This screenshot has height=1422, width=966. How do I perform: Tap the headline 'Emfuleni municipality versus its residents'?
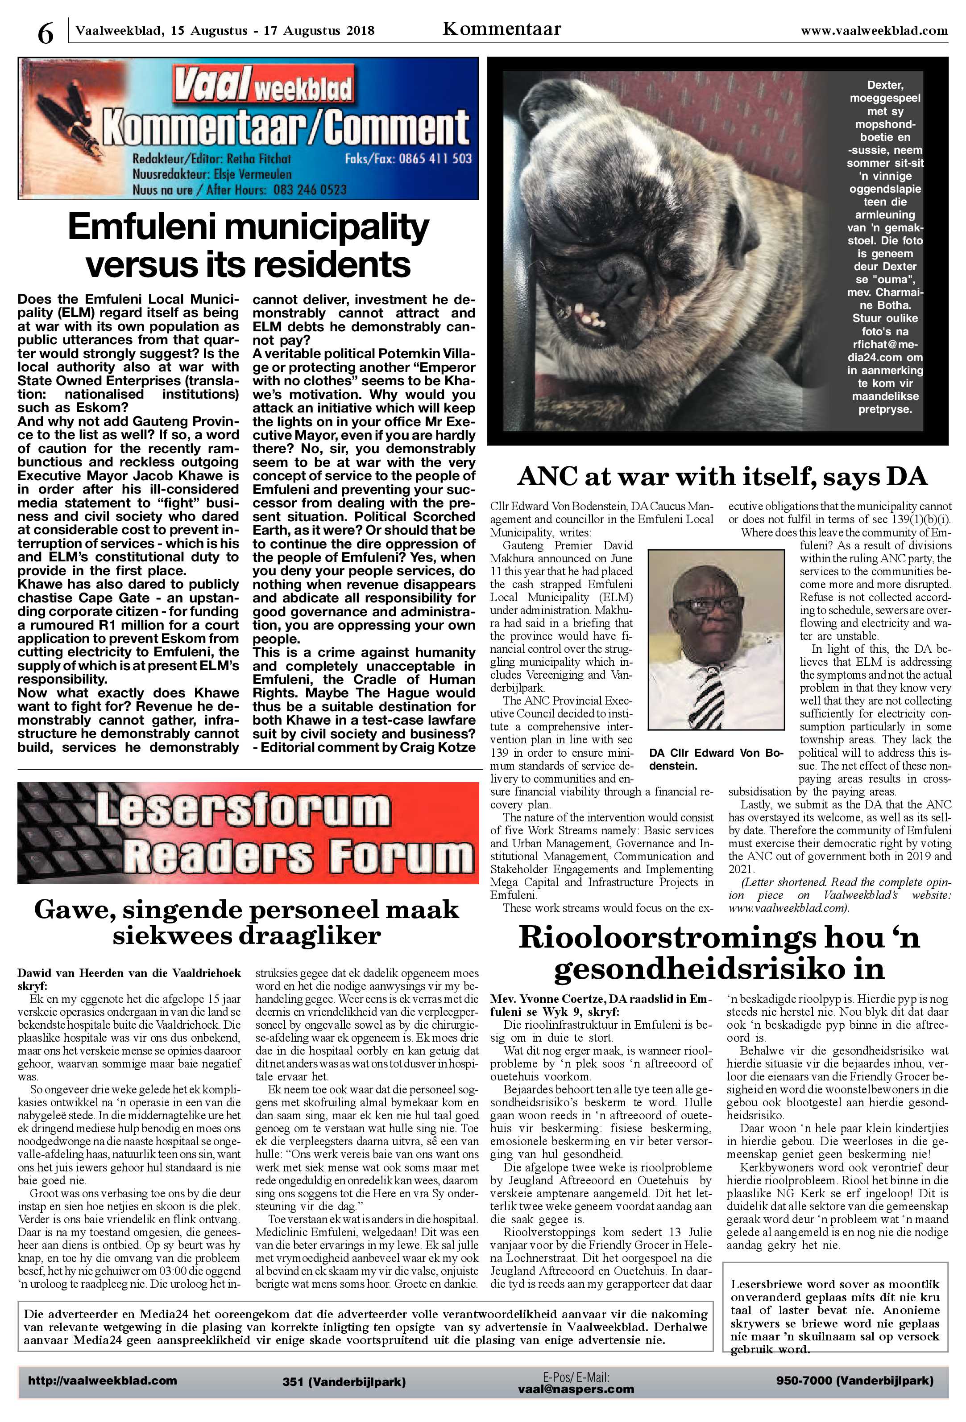[248, 246]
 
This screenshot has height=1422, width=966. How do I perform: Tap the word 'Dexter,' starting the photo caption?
[885, 85]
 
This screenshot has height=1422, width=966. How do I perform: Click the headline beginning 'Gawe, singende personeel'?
[247, 922]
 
